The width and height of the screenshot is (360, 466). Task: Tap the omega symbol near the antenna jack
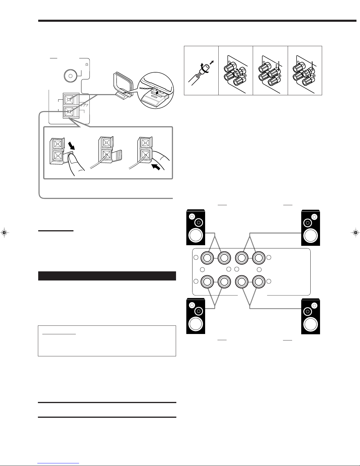point(87,64)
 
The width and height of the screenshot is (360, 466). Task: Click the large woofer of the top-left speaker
point(195,235)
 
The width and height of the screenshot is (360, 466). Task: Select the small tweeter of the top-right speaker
point(314,217)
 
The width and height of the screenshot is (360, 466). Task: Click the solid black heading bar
point(107,276)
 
